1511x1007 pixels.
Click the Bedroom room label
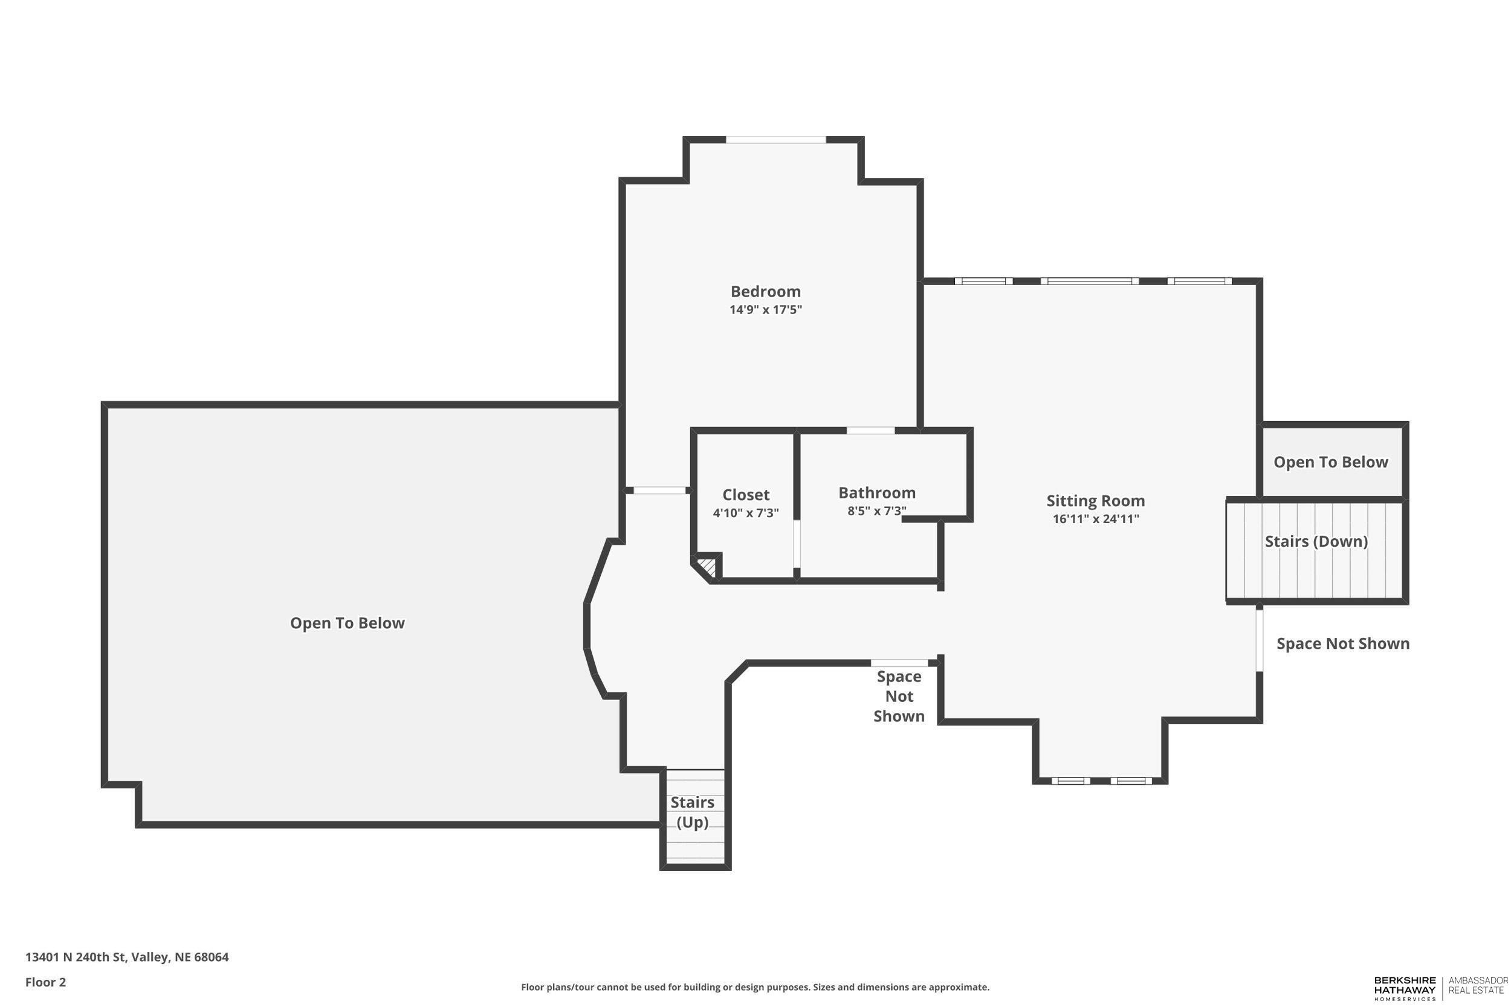(x=765, y=292)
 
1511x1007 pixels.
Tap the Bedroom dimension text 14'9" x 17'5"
(x=765, y=309)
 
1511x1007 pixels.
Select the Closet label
(x=745, y=495)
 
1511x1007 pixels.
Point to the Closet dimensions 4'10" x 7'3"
(x=745, y=513)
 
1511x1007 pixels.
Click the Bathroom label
(x=876, y=492)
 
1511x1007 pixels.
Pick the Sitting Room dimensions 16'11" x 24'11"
(x=1095, y=519)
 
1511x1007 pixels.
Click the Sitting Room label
(x=1095, y=500)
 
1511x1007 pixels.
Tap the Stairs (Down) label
(x=1316, y=541)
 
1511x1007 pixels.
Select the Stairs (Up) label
(x=692, y=812)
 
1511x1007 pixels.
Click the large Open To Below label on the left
(x=347, y=623)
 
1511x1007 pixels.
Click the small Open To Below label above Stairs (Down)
(x=1330, y=462)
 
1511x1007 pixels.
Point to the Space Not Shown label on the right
(x=1343, y=643)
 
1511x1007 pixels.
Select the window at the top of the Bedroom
(x=775, y=140)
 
